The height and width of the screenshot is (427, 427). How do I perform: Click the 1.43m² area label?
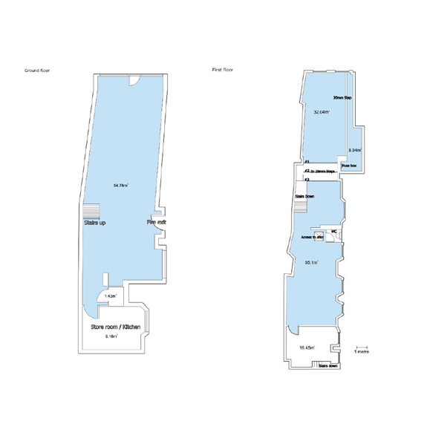pyautogui.click(x=111, y=296)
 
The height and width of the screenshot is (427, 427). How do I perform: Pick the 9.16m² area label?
pyautogui.click(x=111, y=336)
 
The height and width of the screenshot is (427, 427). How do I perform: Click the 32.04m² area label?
pyautogui.click(x=321, y=112)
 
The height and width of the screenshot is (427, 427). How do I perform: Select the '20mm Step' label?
pyautogui.click(x=342, y=98)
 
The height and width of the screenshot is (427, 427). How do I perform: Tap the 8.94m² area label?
pyautogui.click(x=354, y=151)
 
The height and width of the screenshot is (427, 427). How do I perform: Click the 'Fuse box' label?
pyautogui.click(x=349, y=165)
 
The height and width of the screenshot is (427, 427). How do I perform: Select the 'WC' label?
pyautogui.click(x=334, y=231)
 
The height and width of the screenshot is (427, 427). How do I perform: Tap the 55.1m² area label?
pyautogui.click(x=312, y=262)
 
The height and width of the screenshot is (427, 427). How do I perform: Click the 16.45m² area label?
pyautogui.click(x=306, y=347)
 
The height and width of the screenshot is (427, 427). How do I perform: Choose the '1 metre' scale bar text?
pyautogui.click(x=362, y=351)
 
